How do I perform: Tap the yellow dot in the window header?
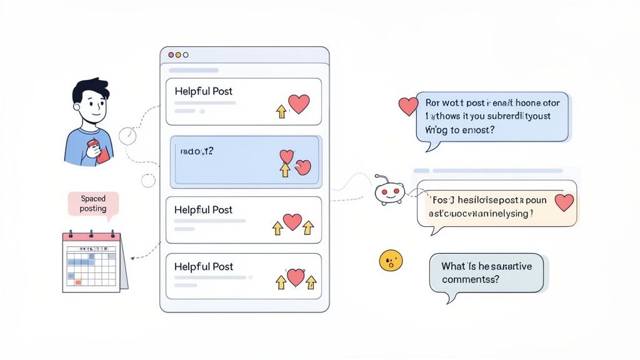click(178, 56)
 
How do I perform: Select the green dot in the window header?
click(185, 56)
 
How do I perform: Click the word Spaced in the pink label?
click(93, 199)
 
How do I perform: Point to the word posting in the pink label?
click(93, 209)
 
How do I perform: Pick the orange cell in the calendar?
click(78, 282)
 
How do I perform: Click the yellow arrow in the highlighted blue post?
click(285, 171)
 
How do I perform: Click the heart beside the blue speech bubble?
click(408, 106)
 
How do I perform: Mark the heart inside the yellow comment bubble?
click(564, 201)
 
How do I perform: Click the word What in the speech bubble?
click(454, 266)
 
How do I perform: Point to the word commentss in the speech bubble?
click(470, 279)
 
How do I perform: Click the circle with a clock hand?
click(128, 135)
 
